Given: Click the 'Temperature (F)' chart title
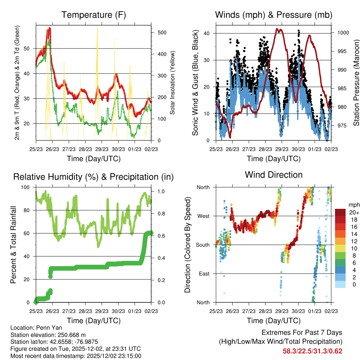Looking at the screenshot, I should pos(93,15).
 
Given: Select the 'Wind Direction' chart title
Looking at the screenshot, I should pos(274,174).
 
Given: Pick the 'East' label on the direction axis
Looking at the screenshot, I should pos(204,274).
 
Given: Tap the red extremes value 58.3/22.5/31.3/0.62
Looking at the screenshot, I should pos(313,351).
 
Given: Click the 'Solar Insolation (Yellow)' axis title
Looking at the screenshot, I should pos(173,83).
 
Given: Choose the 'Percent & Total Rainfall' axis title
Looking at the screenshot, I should pos(13,244).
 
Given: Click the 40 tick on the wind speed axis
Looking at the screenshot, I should pos(207,33).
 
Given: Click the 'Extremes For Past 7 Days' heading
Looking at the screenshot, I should pos(302,333).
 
